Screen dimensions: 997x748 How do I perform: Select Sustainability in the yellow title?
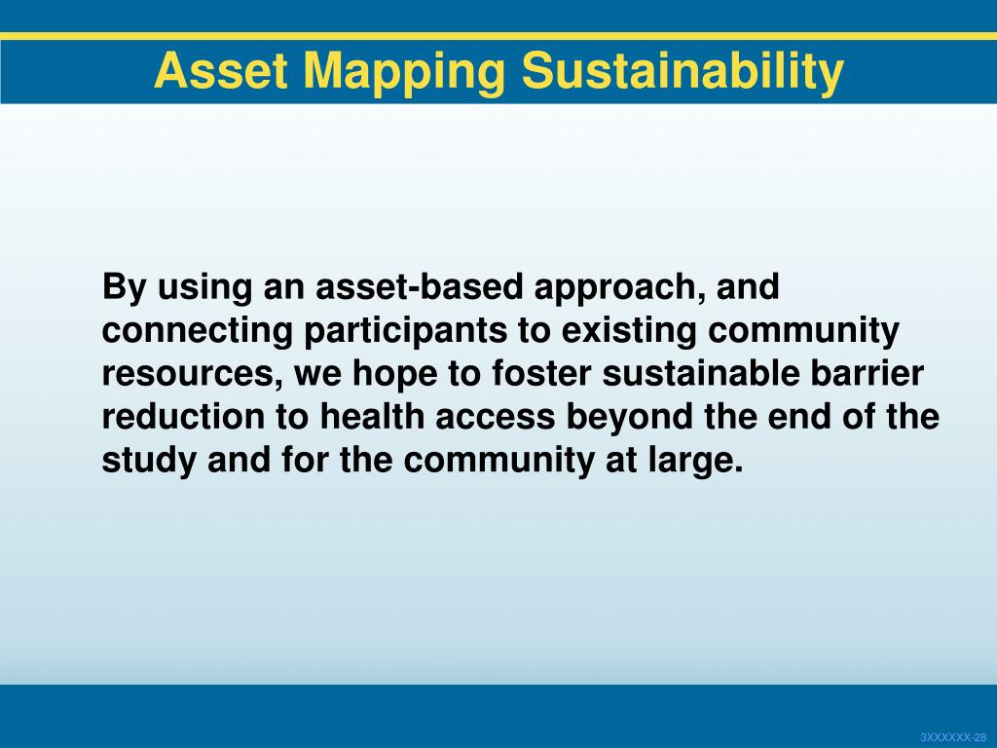tap(683, 72)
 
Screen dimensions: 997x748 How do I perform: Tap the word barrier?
tap(867, 373)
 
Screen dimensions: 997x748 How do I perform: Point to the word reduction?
tap(183, 416)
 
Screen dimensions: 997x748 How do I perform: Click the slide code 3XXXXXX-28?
tap(954, 737)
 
